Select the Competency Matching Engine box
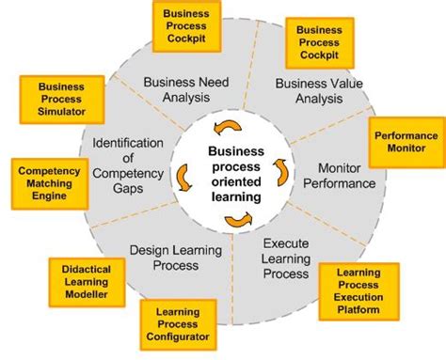(48, 183)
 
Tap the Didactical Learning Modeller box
(87, 280)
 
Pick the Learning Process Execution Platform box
(358, 292)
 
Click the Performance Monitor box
(406, 142)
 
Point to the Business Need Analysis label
(186, 88)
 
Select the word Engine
(48, 196)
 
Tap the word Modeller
(87, 293)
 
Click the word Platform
(358, 309)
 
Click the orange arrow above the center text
(227, 128)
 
